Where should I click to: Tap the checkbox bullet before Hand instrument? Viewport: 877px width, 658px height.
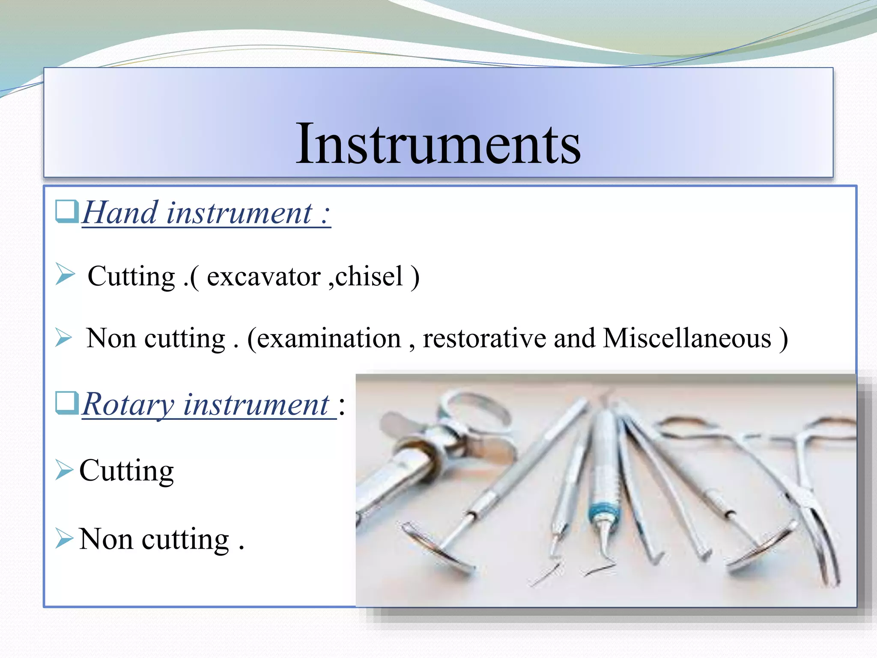coord(67,211)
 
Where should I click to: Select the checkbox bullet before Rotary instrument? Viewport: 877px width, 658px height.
coord(67,403)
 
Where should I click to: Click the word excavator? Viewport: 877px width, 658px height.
coord(263,277)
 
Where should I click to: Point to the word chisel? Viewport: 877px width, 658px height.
coord(369,276)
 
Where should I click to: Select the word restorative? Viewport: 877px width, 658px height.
coord(484,338)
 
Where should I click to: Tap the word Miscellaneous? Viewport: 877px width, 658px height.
coord(687,338)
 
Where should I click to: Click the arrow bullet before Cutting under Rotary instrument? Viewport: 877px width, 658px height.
coord(64,470)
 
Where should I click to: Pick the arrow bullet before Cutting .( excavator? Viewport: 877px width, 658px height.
coord(65,275)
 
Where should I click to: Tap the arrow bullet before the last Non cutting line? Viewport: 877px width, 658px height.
coord(64,538)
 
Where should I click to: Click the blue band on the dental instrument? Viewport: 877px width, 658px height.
coord(603,512)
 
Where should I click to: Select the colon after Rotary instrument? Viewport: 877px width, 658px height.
coord(341,405)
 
